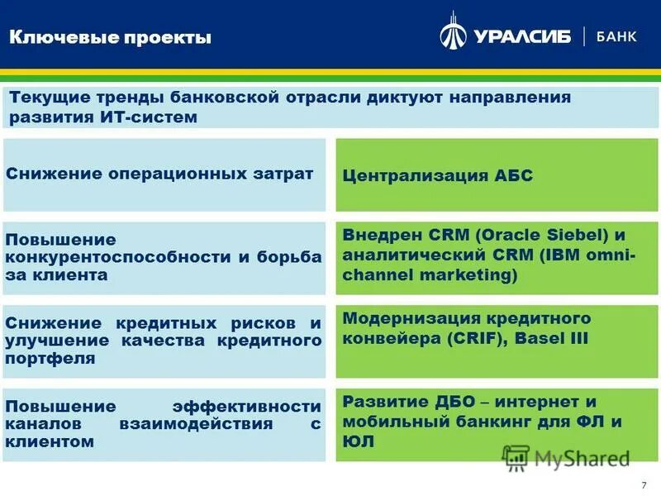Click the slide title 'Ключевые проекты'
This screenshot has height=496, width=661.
[x=110, y=37]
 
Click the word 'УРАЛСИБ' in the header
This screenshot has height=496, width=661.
[x=522, y=37]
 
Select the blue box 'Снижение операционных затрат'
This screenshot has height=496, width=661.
[x=164, y=174]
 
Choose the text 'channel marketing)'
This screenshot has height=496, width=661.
[x=430, y=275]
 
